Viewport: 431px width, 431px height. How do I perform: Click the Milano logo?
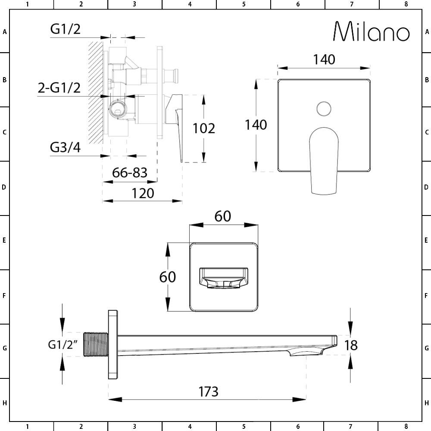[372, 32]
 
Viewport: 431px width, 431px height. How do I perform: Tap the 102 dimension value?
[203, 128]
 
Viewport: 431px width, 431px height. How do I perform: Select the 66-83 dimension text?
[130, 172]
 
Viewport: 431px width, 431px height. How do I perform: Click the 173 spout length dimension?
[208, 391]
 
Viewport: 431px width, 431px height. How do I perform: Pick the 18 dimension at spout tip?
[352, 345]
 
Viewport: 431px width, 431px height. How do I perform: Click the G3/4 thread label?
[65, 147]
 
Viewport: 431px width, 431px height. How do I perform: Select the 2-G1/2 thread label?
[59, 88]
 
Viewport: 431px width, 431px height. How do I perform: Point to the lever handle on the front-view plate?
[324, 159]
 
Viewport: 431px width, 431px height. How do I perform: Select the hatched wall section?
[95, 93]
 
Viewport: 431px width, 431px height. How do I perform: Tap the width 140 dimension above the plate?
[324, 59]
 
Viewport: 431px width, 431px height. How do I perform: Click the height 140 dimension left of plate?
[256, 125]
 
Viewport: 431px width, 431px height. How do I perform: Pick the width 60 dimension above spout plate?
[223, 216]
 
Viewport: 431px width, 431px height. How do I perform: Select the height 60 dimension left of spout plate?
[168, 276]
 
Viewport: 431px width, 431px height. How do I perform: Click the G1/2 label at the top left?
[65, 29]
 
